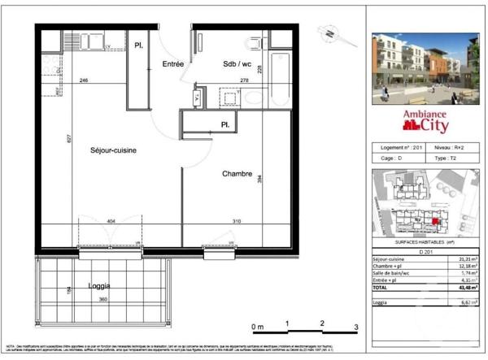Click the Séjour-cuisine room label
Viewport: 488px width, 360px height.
(113, 150)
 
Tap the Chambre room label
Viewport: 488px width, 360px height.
(237, 174)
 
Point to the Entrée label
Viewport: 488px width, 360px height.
(172, 63)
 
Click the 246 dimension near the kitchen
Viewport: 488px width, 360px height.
(83, 81)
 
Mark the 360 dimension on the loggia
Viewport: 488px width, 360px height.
(103, 300)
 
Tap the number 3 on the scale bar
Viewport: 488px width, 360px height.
(355, 327)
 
